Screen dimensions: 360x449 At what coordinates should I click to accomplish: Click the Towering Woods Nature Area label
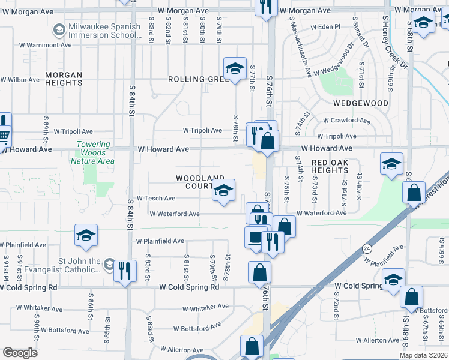pos(93,152)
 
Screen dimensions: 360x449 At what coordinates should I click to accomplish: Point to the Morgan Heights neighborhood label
pos(63,79)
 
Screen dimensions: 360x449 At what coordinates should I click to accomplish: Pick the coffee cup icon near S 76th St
pos(256,238)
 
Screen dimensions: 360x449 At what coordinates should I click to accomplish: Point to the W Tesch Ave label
pos(156,198)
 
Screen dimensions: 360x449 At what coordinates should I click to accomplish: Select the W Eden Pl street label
pos(325,27)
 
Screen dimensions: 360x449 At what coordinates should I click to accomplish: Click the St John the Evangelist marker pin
pos(109,263)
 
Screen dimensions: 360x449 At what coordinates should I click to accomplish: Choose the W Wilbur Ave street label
pos(20,79)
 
